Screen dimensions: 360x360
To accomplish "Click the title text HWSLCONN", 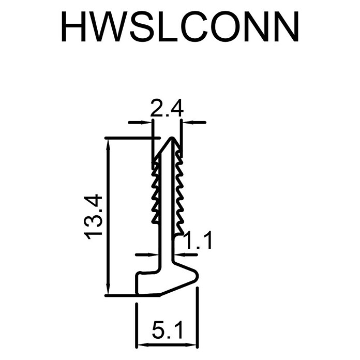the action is click(x=180, y=26).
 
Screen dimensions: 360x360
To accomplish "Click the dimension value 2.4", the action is click(x=167, y=108).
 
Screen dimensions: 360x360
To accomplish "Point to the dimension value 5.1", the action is click(x=168, y=330).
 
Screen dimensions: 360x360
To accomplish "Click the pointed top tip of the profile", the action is click(x=172, y=138).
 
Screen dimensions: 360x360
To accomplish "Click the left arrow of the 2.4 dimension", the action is click(x=140, y=122).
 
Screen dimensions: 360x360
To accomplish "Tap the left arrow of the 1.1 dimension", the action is click(x=147, y=254).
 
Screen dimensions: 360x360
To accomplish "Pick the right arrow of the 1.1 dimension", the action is click(x=186, y=254).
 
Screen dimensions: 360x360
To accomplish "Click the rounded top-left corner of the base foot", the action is click(x=138, y=274).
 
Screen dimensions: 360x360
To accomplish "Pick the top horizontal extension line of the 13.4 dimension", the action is click(x=132, y=138).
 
